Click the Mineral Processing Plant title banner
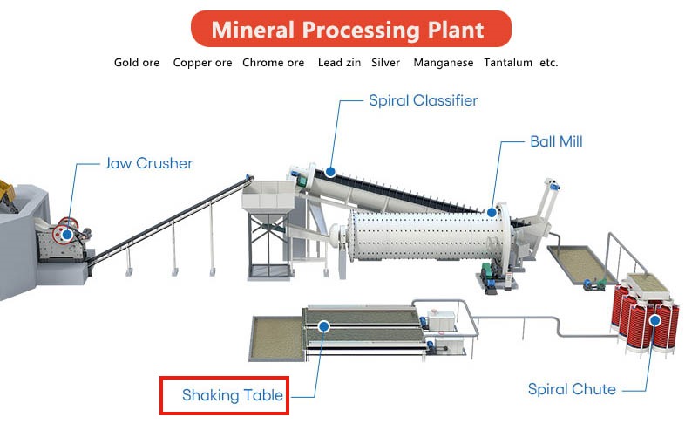pos(351,29)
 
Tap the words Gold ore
pos(137,63)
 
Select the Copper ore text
pos(202,63)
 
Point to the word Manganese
pos(444,63)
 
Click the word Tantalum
pos(508,63)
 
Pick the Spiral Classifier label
pos(423,100)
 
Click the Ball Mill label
pos(556,141)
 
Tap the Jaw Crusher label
pos(149,163)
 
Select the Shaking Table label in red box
pos(233,395)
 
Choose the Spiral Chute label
pos(572,389)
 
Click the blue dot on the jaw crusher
pos(67,235)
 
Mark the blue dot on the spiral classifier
pos(330,172)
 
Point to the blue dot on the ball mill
pos(492,213)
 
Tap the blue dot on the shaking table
pos(323,326)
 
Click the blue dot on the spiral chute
pos(654,321)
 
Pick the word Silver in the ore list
pos(385,63)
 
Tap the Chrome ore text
pos(273,63)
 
